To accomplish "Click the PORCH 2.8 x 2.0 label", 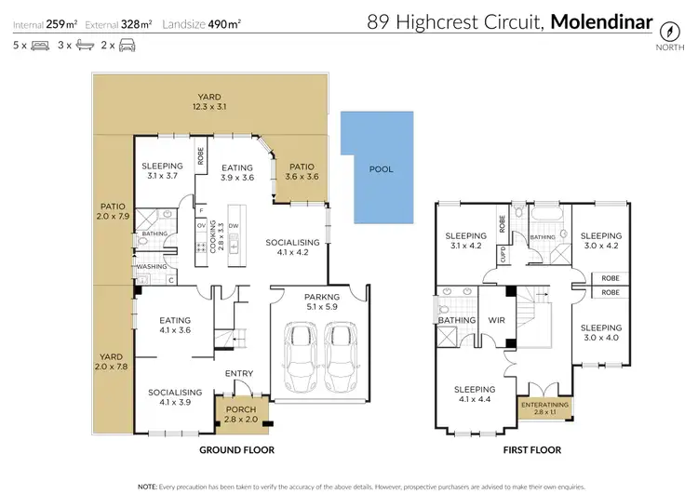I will tap(240, 414).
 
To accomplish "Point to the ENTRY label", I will tap(238, 374).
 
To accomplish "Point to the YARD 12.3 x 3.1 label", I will tap(209, 101).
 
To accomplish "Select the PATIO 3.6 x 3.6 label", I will tap(302, 172).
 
